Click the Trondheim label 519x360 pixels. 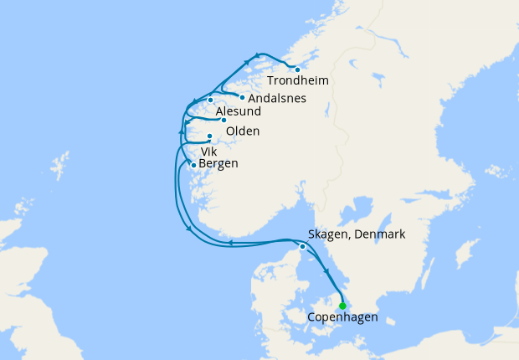pos(297,81)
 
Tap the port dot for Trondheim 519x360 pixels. pos(297,69)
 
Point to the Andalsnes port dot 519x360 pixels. pos(242,97)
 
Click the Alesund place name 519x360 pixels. pos(238,111)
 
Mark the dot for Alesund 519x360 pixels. pos(211,100)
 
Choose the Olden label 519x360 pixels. pos(243,131)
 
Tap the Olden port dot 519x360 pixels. pos(224,120)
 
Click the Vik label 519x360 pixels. pos(208,152)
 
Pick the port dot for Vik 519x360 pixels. pos(209,136)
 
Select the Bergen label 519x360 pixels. pos(219,164)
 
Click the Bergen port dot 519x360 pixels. pos(194,165)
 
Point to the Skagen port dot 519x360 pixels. pos(302,246)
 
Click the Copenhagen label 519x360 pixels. pos(342,317)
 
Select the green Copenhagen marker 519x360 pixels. pos(342,306)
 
